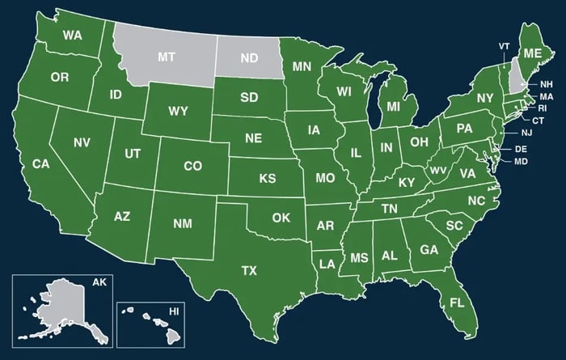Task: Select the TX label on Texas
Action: coord(249,270)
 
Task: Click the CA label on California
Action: coord(40,164)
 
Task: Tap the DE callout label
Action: coord(521,150)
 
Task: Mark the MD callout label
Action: coord(521,162)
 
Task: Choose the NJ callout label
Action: coord(526,133)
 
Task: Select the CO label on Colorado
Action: coord(192,166)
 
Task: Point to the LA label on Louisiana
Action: coord(327,264)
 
